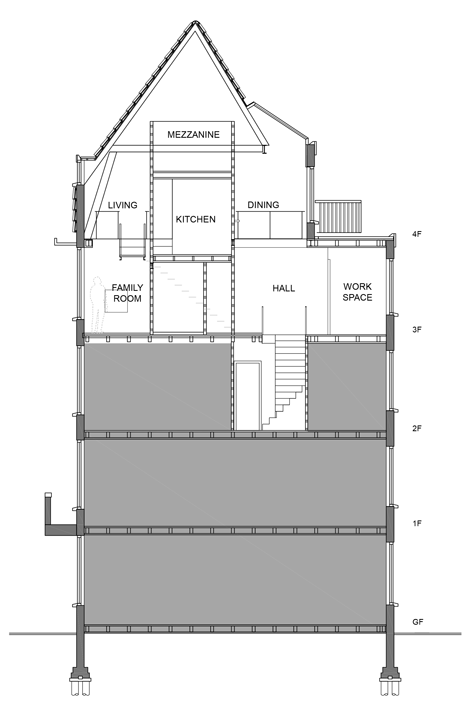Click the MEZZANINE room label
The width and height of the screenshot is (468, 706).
193,135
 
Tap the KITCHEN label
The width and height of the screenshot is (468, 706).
195,219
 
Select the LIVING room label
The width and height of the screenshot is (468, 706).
123,205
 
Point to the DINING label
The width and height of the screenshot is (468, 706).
263,205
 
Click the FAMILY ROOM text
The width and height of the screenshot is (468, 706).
127,293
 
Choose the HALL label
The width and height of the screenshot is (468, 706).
284,288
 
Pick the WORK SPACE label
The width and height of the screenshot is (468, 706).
357,292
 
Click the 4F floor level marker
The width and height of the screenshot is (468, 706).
417,234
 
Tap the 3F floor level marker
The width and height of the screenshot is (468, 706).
417,330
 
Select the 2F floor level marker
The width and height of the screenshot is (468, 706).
417,428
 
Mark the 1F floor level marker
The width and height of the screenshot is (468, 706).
417,524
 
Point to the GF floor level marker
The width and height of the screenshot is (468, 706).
418,622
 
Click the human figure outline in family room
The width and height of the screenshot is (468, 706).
97,305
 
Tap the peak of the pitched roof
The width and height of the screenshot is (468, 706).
195,21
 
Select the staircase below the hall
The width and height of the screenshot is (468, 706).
284,382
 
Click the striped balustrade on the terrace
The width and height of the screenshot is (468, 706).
338,217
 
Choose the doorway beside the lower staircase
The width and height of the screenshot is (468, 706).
247,396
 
